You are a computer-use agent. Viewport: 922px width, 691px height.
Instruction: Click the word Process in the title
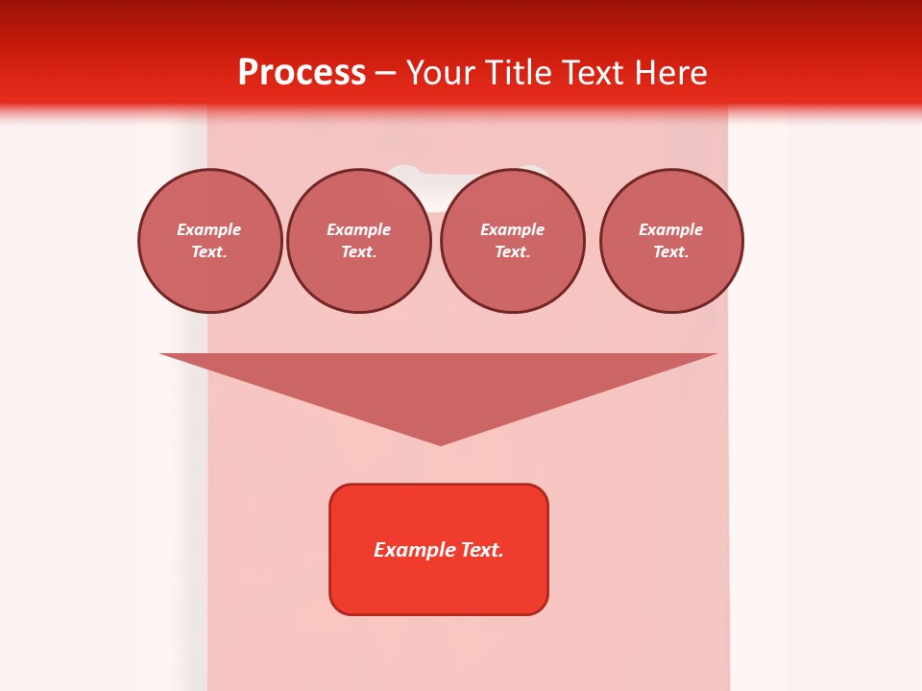tap(302, 73)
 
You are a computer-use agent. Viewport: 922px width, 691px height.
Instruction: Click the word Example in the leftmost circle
tap(209, 229)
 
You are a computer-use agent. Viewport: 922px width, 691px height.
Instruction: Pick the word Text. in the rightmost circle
tap(670, 251)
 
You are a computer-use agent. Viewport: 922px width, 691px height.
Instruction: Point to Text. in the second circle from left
tap(358, 251)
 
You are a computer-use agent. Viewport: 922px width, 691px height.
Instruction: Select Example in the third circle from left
tap(512, 229)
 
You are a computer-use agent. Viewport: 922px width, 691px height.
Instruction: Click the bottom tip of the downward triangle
tap(440, 443)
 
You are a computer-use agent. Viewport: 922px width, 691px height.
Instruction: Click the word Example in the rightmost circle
tap(670, 229)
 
